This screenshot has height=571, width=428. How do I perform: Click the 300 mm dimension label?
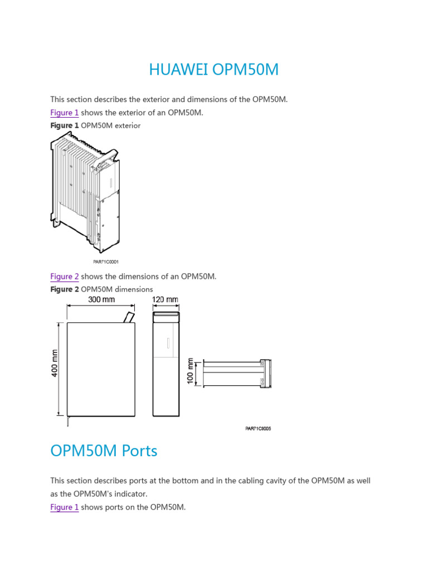click(x=101, y=299)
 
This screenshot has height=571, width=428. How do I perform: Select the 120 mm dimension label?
click(x=166, y=299)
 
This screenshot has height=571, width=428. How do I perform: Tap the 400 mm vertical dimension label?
click(x=55, y=363)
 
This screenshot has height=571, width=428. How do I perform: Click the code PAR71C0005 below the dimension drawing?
click(x=258, y=429)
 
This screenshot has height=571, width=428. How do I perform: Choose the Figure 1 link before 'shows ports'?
click(x=64, y=507)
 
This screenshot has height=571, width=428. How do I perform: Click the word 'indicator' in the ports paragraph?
click(x=147, y=493)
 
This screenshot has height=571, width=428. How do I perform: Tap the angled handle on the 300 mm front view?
click(x=129, y=317)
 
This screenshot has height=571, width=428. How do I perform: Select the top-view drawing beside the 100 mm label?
click(x=237, y=373)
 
